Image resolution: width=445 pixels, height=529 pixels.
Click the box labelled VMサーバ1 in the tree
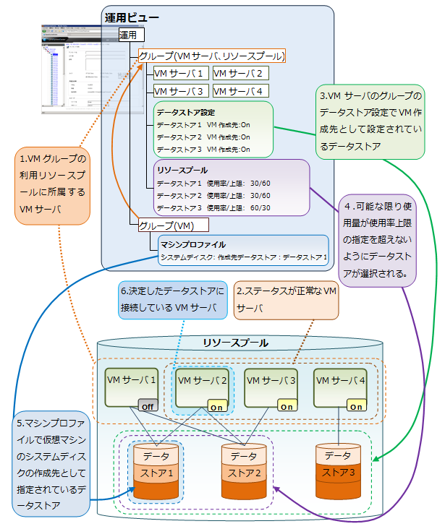(180, 73)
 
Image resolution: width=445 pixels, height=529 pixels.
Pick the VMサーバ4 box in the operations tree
(241, 91)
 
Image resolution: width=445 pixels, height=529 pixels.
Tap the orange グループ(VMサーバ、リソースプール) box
(211, 56)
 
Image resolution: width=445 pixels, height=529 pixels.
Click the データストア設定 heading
(186, 113)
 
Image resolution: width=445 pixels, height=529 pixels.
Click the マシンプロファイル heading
(193, 244)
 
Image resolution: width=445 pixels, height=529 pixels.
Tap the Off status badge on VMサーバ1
(148, 405)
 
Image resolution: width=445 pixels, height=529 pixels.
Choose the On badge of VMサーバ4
(356, 405)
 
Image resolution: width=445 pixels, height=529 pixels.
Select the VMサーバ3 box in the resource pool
(271, 387)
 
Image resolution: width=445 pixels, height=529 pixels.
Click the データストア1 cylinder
(157, 474)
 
